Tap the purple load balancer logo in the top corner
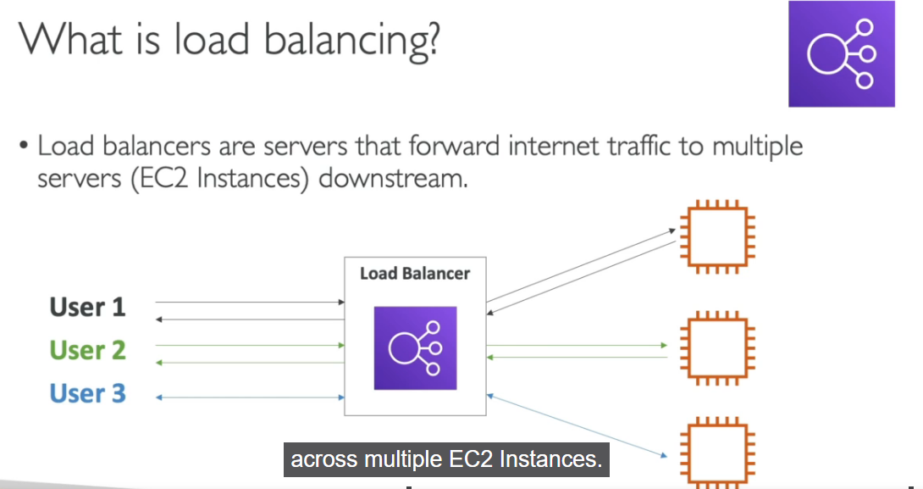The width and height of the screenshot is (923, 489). coord(841,54)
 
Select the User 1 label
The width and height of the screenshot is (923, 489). coord(87,307)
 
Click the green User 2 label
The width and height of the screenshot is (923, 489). coord(87,350)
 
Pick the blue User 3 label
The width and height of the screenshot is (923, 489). coord(87,394)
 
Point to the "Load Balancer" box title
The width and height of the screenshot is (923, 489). coord(415,274)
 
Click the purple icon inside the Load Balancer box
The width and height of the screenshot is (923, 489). coord(415,347)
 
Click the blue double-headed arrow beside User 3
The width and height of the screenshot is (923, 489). coord(250,397)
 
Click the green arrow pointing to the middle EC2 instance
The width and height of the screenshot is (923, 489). coord(576,346)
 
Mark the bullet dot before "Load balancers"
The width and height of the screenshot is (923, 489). coord(25,147)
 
